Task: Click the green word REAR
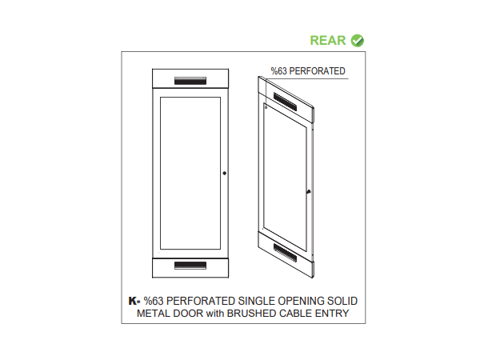[x=328, y=40]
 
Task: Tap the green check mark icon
[x=357, y=40]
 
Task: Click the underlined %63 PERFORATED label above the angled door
[x=307, y=72]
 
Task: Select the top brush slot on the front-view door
[x=190, y=81]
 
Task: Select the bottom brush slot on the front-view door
[x=190, y=265]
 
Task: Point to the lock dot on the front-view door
[x=225, y=174]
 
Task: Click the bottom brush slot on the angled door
[x=284, y=250]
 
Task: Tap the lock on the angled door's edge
[x=308, y=191]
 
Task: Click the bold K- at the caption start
[x=134, y=301]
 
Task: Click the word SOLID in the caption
[x=339, y=301]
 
